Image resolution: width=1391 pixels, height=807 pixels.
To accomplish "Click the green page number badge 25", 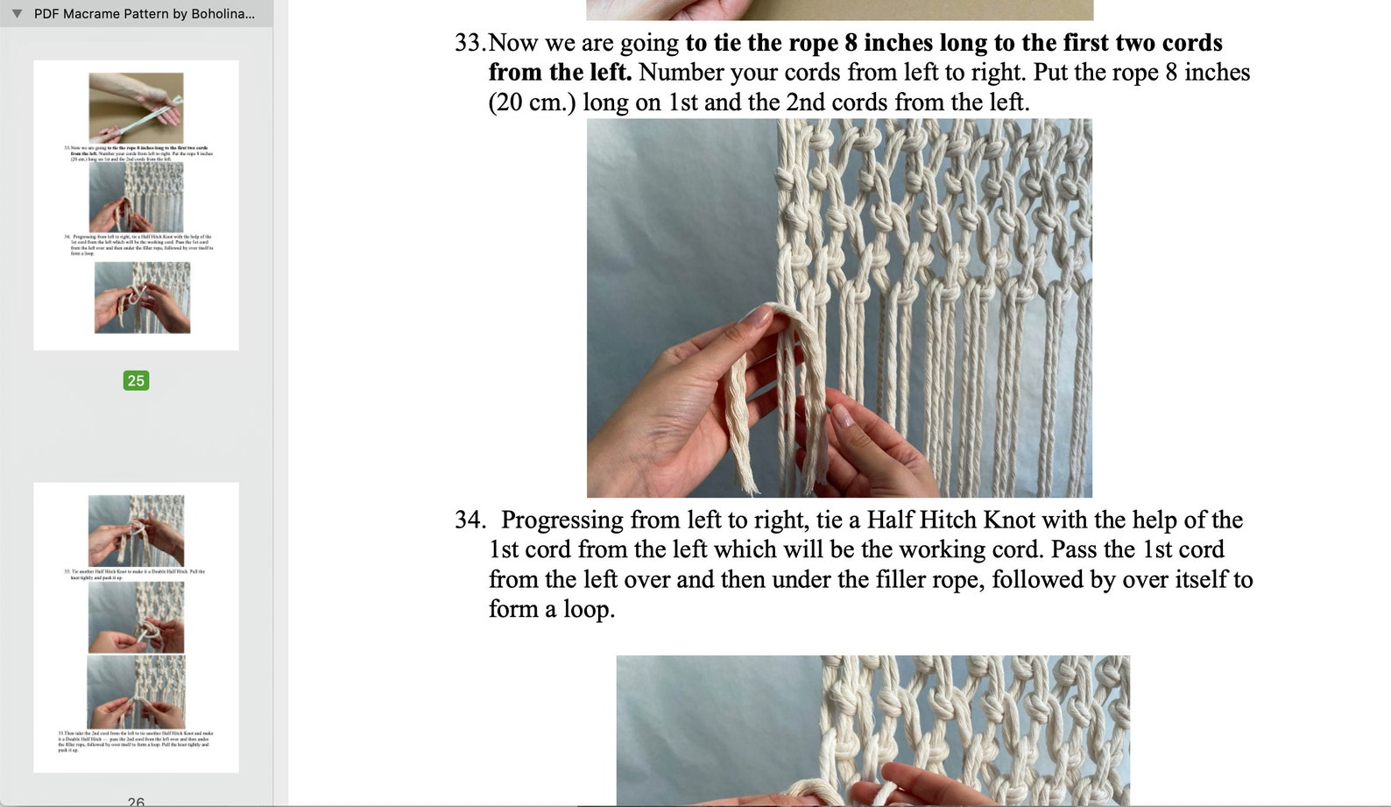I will click(x=136, y=380).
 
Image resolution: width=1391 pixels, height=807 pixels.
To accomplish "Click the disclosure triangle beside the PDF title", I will click(x=17, y=14).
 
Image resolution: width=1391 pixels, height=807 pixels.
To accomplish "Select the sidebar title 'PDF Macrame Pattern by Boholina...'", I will click(x=145, y=14).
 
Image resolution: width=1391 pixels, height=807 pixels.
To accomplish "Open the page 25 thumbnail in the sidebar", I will click(x=136, y=205).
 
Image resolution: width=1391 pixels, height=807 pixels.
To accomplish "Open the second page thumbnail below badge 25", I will click(x=136, y=626).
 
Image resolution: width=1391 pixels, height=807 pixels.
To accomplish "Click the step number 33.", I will click(x=468, y=43).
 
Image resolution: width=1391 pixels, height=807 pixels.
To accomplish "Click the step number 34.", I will click(x=469, y=520).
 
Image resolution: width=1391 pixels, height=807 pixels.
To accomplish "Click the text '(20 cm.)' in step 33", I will click(x=532, y=103).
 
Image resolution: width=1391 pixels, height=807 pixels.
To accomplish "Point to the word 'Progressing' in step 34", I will click(x=561, y=520).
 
